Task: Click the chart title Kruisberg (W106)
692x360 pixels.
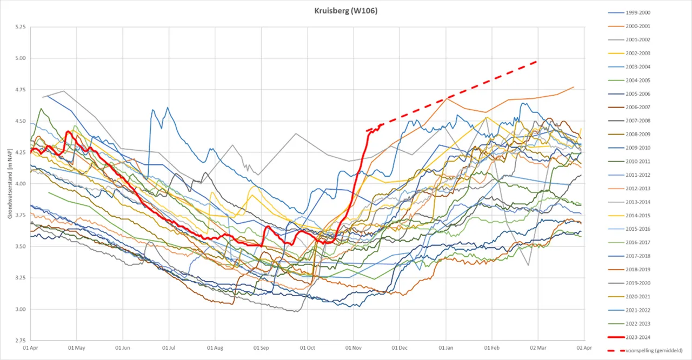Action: (x=346, y=11)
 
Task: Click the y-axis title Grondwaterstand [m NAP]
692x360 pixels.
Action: (x=10, y=184)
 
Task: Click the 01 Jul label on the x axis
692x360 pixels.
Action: (x=169, y=348)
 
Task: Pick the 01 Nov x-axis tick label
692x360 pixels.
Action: (x=353, y=348)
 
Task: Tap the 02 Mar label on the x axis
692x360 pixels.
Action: (x=538, y=348)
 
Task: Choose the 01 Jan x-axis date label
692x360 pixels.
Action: (x=446, y=348)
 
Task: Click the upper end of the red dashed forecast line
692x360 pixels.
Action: (x=536, y=62)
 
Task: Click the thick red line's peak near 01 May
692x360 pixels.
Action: (x=68, y=131)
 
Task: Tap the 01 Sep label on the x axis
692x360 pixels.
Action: (x=261, y=348)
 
